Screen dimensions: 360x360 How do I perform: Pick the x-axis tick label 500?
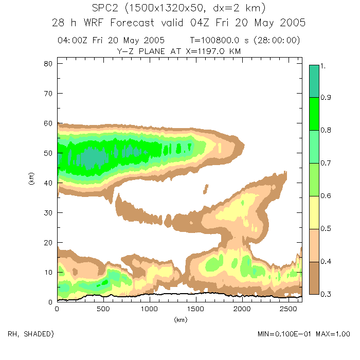103,310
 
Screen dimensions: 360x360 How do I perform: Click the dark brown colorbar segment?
315,278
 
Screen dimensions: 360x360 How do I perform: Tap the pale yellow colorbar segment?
315,213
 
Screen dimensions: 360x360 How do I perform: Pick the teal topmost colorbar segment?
315,81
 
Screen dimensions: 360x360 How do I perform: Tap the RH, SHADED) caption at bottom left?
31,334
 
